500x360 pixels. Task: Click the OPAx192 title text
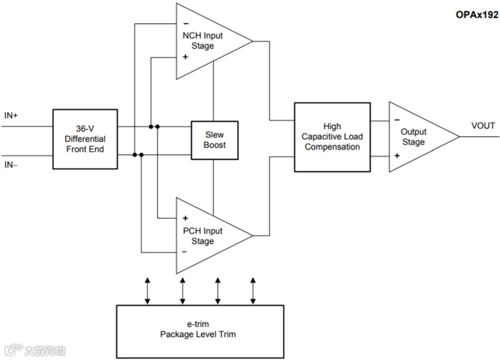click(477, 14)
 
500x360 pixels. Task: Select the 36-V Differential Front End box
click(85, 139)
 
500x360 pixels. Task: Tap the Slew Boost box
click(214, 141)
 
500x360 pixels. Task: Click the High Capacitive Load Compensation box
click(332, 137)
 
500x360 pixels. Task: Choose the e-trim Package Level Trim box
click(200, 332)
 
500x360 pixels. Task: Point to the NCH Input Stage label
click(202, 41)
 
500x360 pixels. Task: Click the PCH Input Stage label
click(202, 236)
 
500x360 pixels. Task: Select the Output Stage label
click(413, 137)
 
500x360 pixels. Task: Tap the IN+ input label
click(11, 116)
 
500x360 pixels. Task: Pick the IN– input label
click(11, 165)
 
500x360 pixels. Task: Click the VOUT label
click(483, 126)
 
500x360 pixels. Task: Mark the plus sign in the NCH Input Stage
click(185, 57)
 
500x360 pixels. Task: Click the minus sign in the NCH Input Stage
click(186, 23)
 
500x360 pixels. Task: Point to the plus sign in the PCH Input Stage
click(185, 218)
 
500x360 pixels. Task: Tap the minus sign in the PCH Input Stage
click(184, 252)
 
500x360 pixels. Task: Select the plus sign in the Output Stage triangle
click(397, 156)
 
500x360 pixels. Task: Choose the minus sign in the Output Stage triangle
click(397, 120)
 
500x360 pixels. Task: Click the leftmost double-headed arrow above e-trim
click(147, 291)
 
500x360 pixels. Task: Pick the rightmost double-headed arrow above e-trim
click(253, 291)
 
